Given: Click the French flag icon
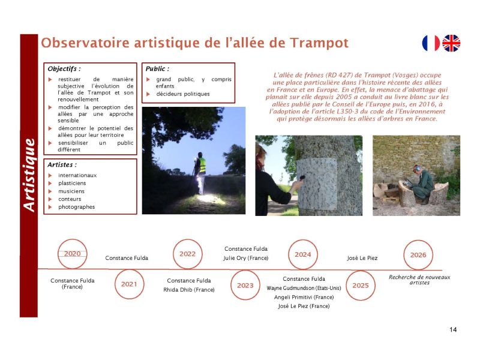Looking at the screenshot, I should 431,43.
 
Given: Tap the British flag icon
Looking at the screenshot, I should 451,43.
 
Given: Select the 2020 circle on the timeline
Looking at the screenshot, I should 72,254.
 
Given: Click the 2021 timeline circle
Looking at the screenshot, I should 129,284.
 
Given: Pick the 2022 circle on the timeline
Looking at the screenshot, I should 187,254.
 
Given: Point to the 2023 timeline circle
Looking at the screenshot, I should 245,285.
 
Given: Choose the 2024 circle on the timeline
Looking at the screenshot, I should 303,254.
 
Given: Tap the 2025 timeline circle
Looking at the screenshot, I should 361,285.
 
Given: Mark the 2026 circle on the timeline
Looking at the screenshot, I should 418,254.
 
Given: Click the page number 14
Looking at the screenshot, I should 452,330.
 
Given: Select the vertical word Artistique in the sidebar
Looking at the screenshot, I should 28,174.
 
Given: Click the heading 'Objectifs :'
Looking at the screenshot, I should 64,69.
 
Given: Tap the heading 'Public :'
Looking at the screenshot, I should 157,69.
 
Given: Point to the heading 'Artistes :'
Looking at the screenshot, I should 62,164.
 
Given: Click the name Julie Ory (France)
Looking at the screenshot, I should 246,258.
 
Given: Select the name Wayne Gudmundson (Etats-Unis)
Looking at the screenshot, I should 304,288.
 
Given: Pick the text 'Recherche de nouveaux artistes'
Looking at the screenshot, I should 419,280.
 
